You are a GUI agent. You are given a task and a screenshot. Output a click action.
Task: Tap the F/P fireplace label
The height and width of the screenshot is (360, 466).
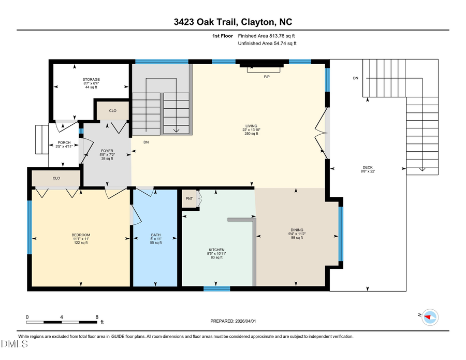(x=267, y=77)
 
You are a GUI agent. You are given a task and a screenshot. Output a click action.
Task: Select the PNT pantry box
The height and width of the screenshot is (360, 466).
(x=189, y=199)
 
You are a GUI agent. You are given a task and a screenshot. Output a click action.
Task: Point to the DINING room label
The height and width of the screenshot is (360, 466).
(x=297, y=230)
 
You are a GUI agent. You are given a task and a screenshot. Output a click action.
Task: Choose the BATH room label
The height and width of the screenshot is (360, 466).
(x=156, y=235)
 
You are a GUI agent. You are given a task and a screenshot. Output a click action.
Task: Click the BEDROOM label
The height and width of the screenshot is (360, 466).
(x=81, y=235)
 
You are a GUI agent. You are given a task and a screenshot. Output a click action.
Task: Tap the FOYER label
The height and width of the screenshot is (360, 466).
(x=107, y=151)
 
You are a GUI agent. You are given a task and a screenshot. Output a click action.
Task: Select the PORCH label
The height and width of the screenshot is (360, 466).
(x=64, y=142)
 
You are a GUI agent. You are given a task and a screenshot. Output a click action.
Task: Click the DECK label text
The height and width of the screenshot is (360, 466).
(x=367, y=167)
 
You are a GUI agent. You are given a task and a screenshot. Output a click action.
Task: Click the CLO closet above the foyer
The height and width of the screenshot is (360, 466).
(x=112, y=111)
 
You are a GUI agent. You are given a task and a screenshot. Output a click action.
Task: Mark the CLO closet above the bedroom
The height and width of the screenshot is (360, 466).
(x=56, y=178)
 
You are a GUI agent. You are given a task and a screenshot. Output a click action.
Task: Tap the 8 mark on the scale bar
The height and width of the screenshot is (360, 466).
(x=97, y=316)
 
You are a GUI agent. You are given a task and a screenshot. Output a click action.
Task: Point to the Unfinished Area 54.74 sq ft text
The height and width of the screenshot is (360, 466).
(x=267, y=44)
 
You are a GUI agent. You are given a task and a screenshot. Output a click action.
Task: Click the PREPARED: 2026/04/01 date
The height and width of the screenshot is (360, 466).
(x=233, y=321)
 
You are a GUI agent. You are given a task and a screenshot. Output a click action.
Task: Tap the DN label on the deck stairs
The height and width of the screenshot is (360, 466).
(x=355, y=78)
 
